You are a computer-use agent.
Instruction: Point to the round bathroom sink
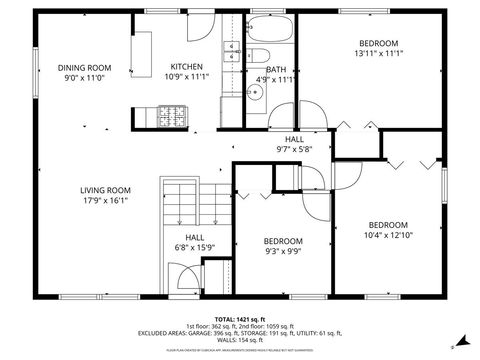256,93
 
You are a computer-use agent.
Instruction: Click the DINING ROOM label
84,67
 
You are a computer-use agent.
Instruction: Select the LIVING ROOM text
106,190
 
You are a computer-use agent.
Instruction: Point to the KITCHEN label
186,67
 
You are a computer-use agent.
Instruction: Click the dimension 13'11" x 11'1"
381,54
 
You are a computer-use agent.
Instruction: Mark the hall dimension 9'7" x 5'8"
294,149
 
